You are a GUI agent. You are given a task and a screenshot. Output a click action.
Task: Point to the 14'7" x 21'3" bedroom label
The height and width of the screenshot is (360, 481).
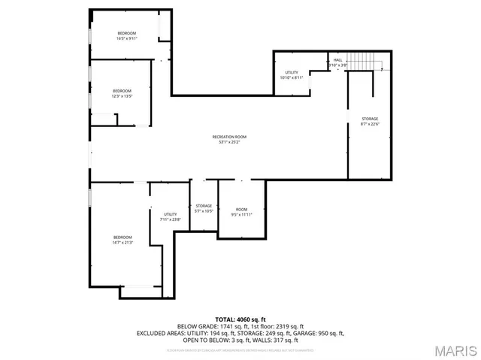[x=122, y=240]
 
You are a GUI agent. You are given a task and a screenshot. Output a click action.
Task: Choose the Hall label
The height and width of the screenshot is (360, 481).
[x=337, y=59]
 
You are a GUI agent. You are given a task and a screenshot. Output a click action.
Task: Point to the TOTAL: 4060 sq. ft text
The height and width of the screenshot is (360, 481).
[x=240, y=319]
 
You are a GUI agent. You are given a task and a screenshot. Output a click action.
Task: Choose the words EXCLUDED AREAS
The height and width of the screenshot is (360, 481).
[x=158, y=333]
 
